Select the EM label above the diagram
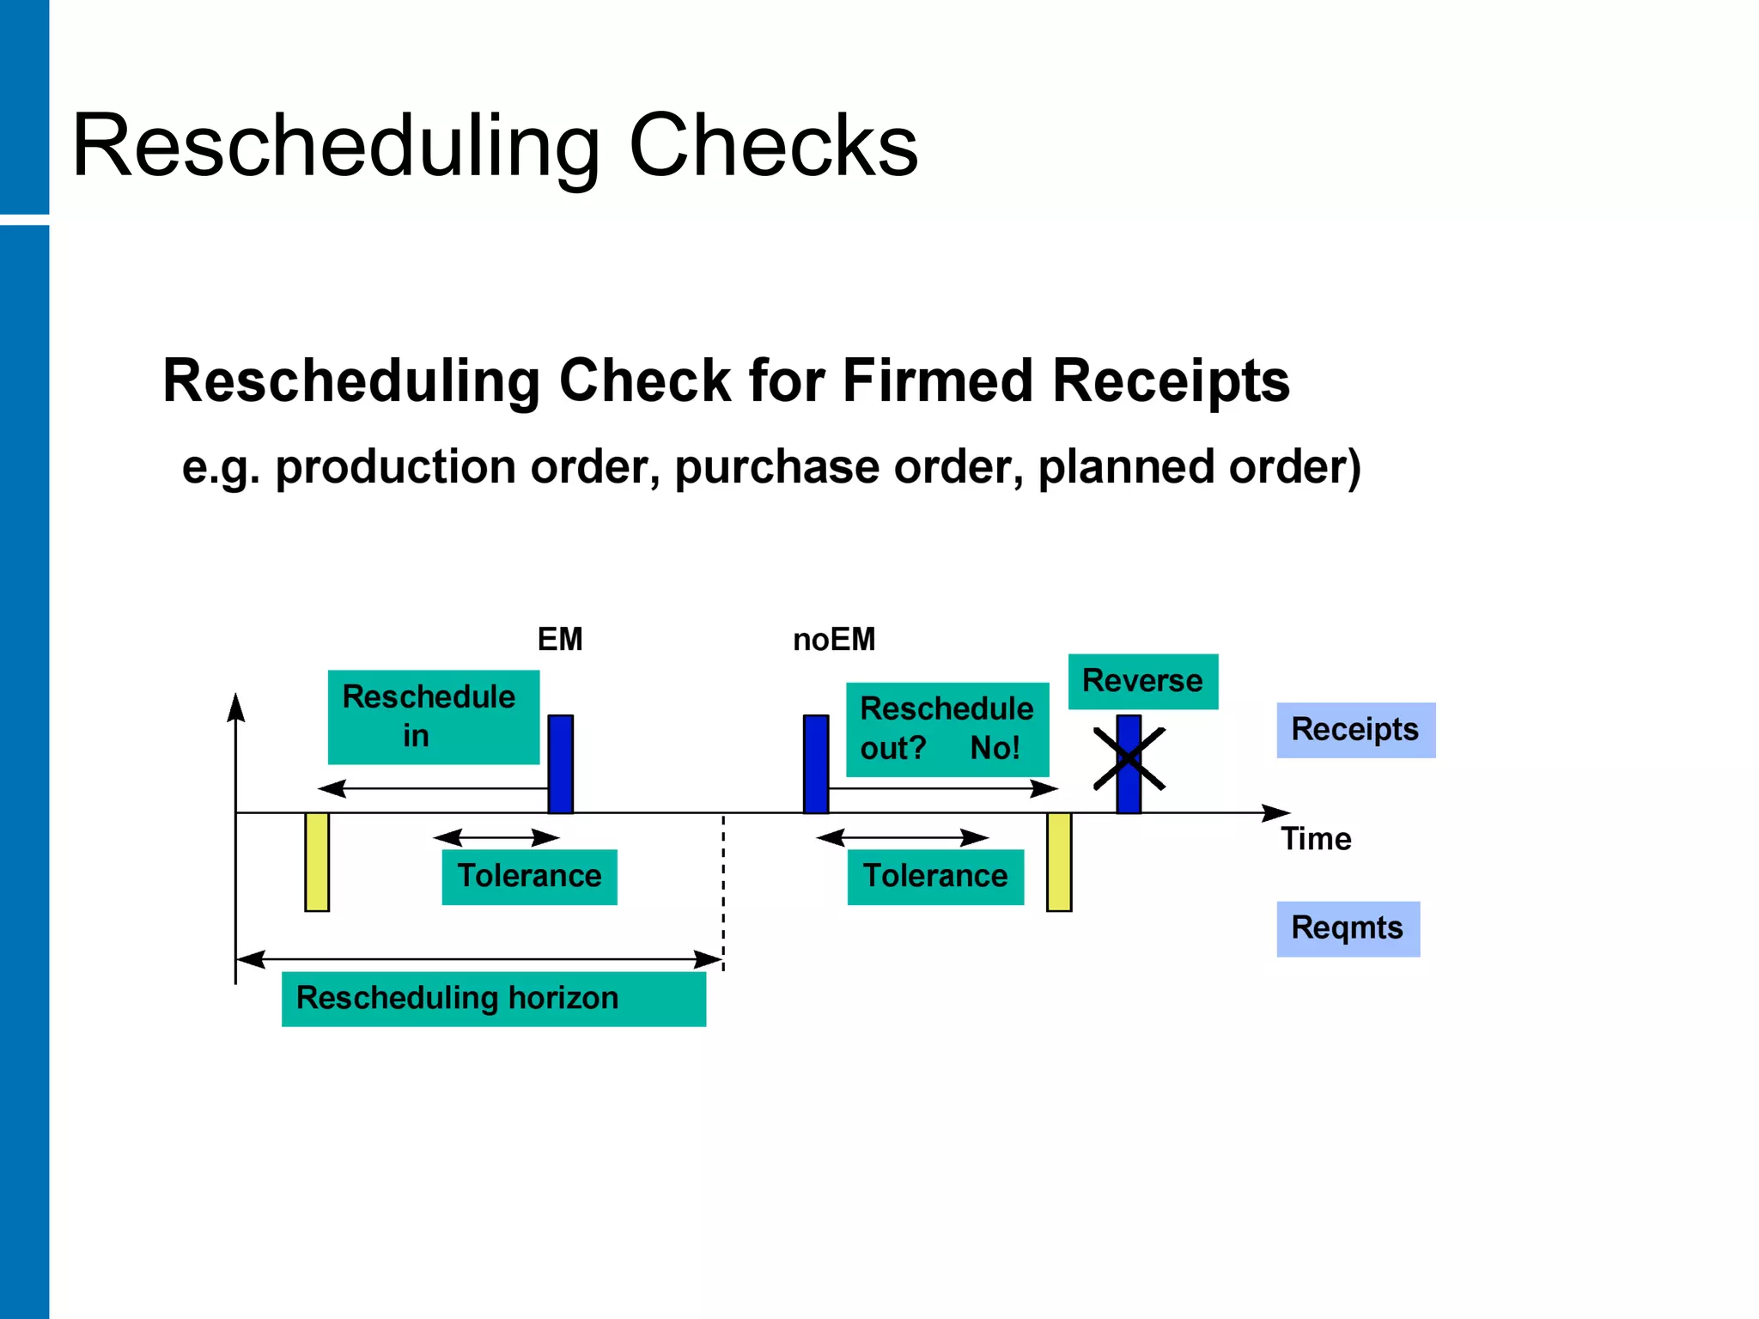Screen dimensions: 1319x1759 click(559, 640)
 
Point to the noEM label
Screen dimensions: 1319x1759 click(833, 640)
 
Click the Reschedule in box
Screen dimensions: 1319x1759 click(433, 717)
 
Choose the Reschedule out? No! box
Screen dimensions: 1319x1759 click(946, 729)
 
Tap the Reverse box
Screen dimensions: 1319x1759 click(1142, 681)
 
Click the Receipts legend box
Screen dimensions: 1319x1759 click(1354, 730)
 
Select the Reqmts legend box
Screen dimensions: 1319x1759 click(1347, 928)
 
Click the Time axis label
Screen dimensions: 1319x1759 click(1315, 839)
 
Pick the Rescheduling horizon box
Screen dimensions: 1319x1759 click(493, 999)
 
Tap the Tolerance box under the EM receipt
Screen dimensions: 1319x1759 click(529, 877)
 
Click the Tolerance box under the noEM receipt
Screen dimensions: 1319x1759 click(934, 877)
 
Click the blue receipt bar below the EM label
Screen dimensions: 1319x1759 click(560, 763)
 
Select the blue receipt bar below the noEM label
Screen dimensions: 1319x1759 click(815, 763)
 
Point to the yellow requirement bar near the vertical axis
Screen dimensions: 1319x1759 click(317, 861)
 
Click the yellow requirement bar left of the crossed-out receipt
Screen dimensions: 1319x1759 click(1058, 861)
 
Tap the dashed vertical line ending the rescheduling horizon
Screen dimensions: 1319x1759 click(723, 893)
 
